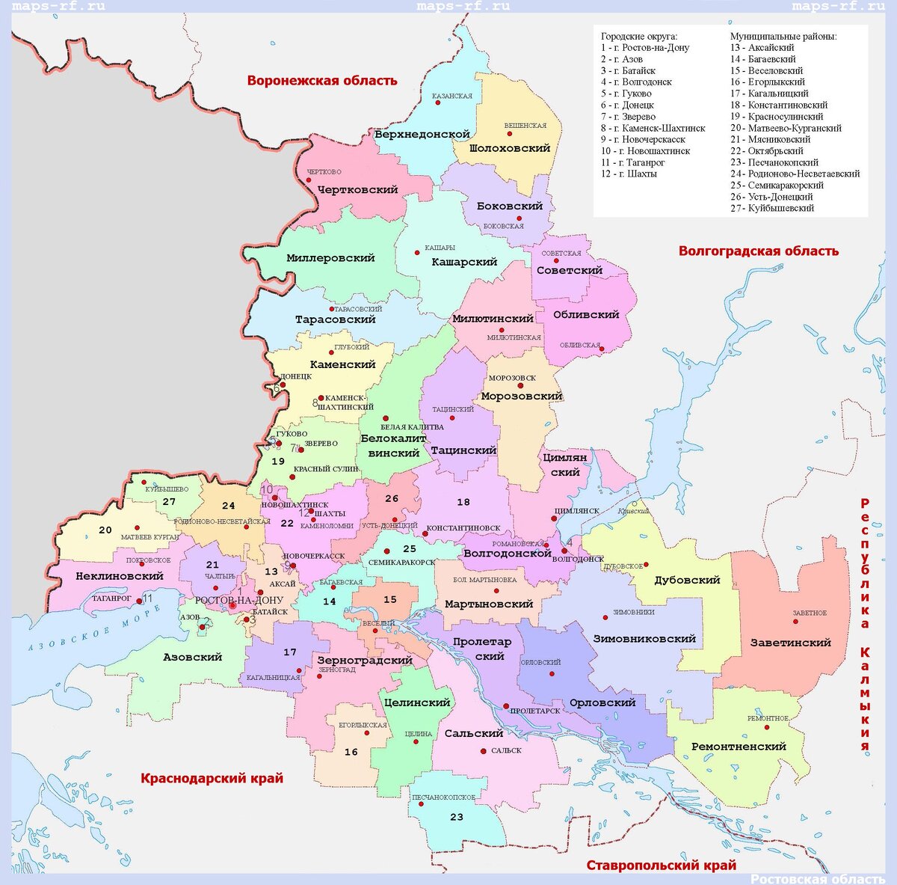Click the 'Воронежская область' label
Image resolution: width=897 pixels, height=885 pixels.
coord(322,81)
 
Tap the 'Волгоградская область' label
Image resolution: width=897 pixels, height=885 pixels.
coord(758,251)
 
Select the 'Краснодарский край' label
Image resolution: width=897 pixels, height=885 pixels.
coord(212,779)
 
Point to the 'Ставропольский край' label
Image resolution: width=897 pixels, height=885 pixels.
coord(661,866)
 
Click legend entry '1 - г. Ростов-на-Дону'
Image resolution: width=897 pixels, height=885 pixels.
coord(644,48)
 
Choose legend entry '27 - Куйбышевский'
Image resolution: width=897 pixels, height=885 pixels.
coord(771,208)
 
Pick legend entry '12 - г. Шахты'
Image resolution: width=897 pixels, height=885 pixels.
coord(629,174)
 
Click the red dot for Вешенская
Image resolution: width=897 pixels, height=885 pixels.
coord(510,134)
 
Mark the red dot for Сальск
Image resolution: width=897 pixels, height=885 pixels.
coord(484,751)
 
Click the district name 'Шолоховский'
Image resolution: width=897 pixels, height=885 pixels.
coord(510,148)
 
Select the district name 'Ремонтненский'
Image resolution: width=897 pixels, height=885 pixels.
coord(739,747)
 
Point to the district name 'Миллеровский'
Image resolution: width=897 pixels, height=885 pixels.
coord(330,258)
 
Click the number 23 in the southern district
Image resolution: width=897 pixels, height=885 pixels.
coord(456,817)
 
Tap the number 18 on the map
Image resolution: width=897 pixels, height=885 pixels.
coord(463,502)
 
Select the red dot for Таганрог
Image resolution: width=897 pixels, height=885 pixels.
coord(139,601)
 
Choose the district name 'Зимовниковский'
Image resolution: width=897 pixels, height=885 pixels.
coord(644,639)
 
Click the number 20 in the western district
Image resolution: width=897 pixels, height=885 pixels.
coord(105,530)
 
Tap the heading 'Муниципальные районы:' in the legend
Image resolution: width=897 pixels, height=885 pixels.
coord(783,36)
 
